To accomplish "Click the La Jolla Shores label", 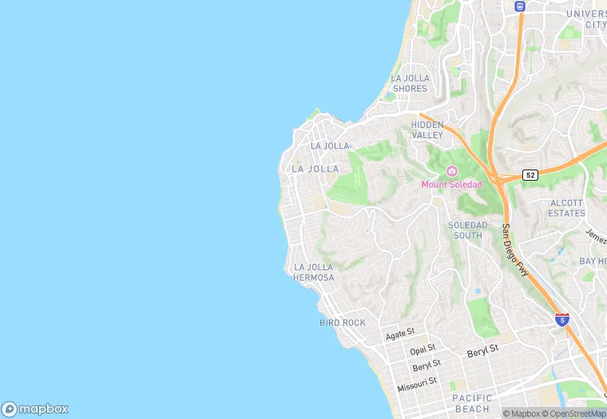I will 410,83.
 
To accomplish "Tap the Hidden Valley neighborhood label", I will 427,130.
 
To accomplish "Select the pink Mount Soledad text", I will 452,185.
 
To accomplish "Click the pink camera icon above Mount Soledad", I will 452,171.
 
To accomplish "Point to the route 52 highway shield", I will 530,174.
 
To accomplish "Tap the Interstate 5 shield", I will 562,319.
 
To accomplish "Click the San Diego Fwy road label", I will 515,249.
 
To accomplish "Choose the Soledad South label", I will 467,230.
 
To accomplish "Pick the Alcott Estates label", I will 567,208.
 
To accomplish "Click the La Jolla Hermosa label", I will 314,272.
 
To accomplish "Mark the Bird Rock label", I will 342,322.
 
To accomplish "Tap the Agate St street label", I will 400,333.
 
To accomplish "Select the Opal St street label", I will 423,350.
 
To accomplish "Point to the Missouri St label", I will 417,382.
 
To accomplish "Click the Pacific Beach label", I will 472,403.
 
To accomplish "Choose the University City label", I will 586,19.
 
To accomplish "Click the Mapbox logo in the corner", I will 35,409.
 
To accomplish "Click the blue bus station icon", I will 520,6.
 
